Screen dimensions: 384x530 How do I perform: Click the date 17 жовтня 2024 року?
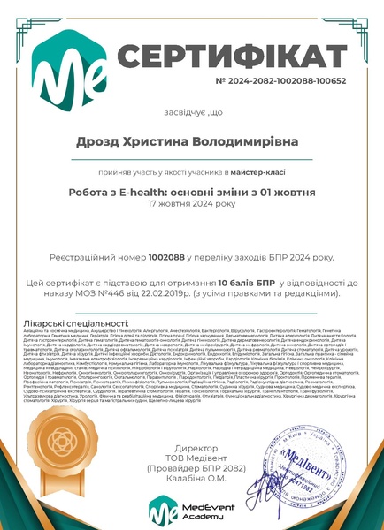pyautogui.click(x=192, y=203)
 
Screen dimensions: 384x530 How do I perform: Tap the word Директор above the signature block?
pyautogui.click(x=191, y=450)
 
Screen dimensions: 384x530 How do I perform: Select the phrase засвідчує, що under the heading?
pyautogui.click(x=191, y=113)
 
